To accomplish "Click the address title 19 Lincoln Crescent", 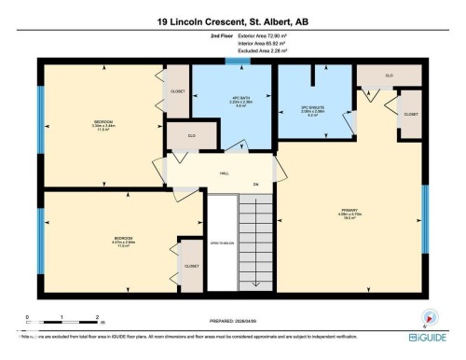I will (232, 21).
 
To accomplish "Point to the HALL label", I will (225, 173).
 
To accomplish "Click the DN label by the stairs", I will (254, 185).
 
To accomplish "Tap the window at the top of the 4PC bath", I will (239, 62).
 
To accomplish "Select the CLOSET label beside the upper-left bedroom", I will (178, 91).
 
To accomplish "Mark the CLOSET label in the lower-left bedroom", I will (191, 266).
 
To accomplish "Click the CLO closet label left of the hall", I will (190, 135).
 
